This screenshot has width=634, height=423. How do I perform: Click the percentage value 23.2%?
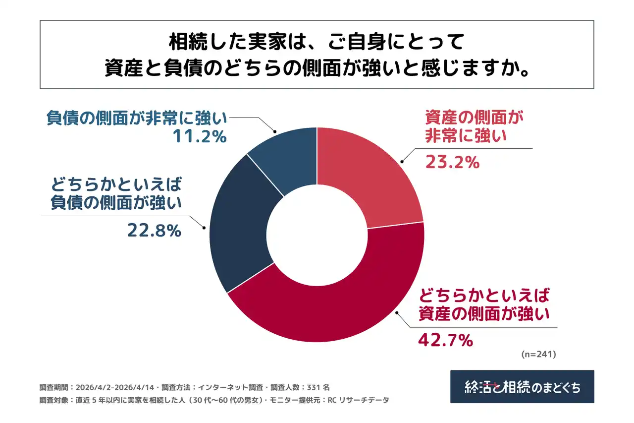point(452,162)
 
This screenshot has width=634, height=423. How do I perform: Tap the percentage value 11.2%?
point(200,136)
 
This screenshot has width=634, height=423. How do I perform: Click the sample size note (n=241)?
point(539,355)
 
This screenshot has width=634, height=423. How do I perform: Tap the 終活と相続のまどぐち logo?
point(522,387)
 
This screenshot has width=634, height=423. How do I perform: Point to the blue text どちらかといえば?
point(116,185)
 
